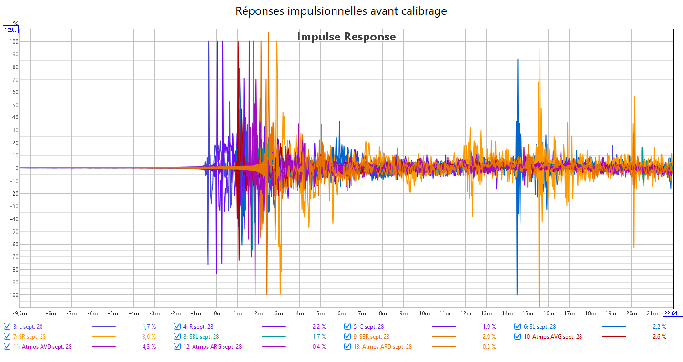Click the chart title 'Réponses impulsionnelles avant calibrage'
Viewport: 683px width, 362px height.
tap(341, 11)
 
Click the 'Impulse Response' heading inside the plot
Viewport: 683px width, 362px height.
tap(347, 37)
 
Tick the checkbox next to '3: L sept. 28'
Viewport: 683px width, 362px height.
tap(7, 327)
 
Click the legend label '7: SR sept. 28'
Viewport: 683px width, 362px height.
tap(30, 337)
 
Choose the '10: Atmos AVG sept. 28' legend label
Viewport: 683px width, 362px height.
tap(552, 337)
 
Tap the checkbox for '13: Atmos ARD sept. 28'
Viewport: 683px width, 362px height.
tap(347, 347)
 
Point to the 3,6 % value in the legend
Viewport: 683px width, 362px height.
tap(149, 337)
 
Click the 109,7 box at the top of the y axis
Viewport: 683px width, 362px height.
tap(11, 29)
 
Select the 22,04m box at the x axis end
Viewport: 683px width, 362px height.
tap(673, 313)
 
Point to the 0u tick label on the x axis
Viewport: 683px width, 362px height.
tap(217, 313)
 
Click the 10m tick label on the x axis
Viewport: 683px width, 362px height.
tap(424, 313)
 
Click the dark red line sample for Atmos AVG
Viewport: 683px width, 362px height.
tap(614, 337)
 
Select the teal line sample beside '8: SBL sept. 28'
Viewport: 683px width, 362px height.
tap(274, 337)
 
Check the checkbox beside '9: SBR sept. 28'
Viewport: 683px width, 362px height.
tap(347, 337)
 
